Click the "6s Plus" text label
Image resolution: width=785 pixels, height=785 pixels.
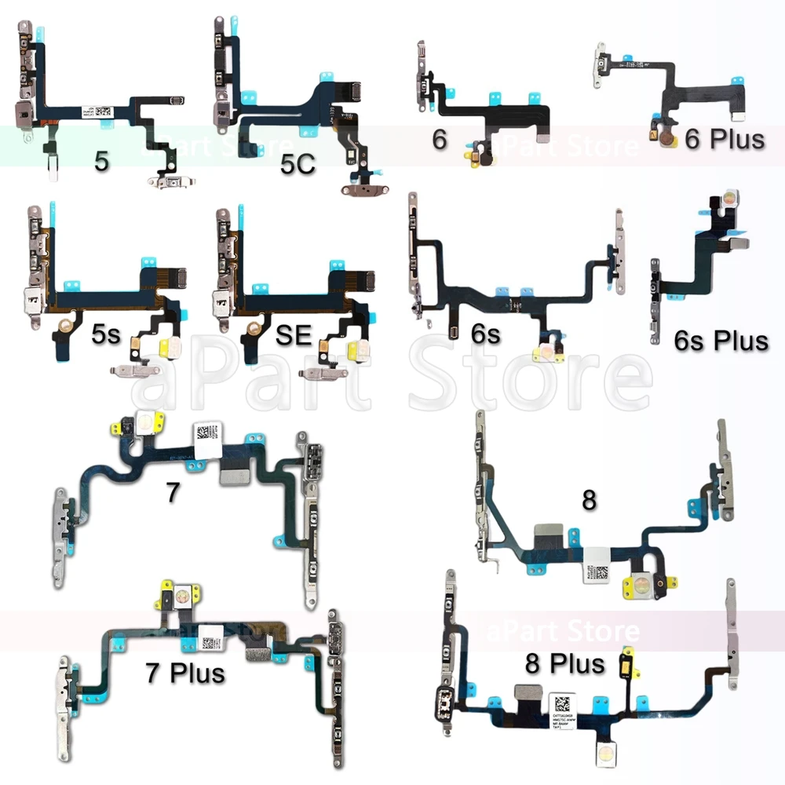pos(721,341)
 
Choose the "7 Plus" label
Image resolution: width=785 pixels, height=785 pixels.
pos(185,673)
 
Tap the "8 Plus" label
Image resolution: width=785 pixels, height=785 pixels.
pos(565,665)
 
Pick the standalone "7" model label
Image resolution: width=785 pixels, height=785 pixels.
pos(173,492)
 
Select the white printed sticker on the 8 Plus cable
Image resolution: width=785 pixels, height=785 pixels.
pos(568,703)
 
